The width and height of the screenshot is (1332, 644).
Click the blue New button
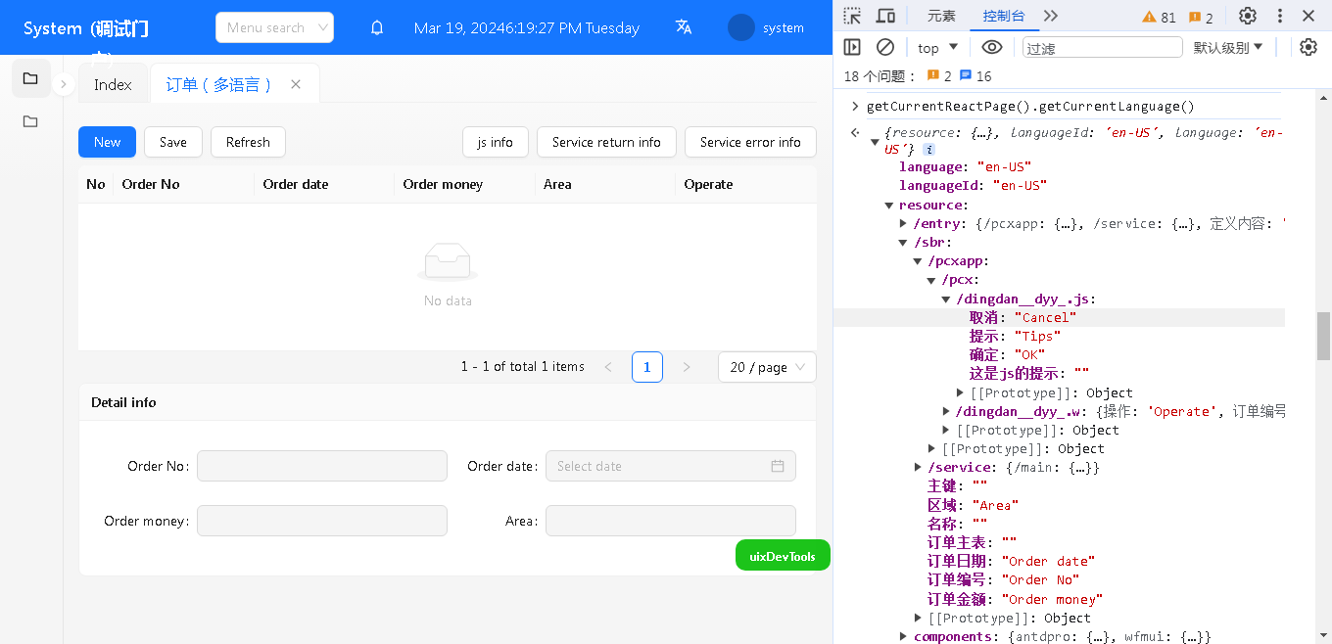point(107,142)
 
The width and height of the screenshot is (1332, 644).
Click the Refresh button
point(248,142)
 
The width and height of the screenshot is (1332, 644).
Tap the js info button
point(495,142)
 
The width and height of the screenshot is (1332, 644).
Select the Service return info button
point(606,142)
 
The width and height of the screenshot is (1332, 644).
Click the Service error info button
point(750,142)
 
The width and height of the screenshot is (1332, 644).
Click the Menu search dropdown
point(274,27)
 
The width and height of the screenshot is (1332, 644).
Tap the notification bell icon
point(377,28)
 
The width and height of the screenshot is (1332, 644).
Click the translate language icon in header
point(684,27)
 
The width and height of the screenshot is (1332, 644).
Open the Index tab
point(113,84)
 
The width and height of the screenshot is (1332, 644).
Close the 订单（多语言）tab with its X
point(296,84)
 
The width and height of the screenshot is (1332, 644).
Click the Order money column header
point(443,184)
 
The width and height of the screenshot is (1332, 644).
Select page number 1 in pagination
point(647,367)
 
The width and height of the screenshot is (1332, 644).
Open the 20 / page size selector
point(767,367)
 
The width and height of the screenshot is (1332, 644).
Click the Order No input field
point(321,466)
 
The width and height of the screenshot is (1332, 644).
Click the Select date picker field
point(670,466)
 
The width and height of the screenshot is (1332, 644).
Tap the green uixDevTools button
point(783,555)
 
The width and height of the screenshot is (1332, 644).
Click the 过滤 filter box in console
point(1102,48)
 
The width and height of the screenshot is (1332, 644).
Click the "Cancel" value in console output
point(1045,318)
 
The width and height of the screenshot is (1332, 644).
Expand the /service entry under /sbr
point(918,468)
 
